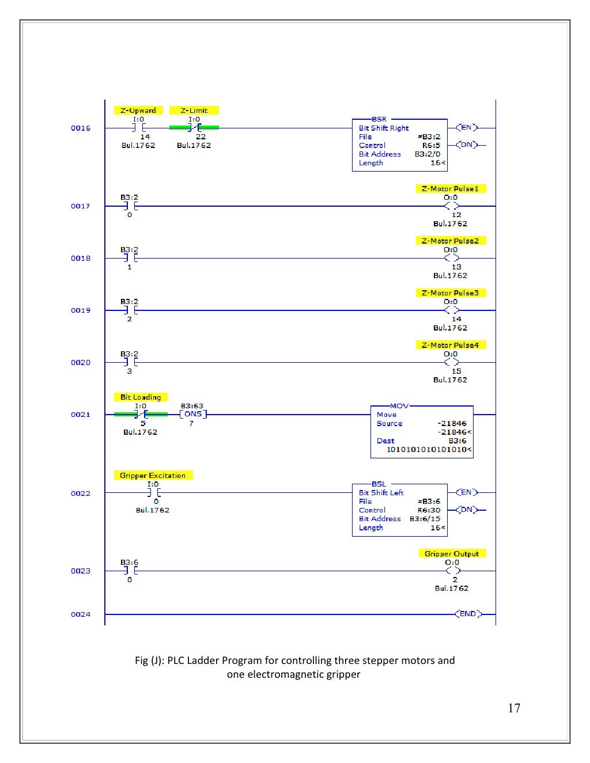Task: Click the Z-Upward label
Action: tap(138, 110)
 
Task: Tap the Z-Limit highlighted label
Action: tap(194, 110)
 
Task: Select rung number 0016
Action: tap(81, 128)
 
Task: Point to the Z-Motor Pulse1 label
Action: tap(450, 188)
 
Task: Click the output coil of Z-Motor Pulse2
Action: tap(452, 258)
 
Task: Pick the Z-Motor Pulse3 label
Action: tap(450, 293)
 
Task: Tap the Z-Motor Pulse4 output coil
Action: tap(452, 362)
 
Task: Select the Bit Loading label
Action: tap(141, 397)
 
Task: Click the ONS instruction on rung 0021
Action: tap(193, 414)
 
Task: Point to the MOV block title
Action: tap(399, 406)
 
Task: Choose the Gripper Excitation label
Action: tap(153, 475)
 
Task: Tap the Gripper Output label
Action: tap(452, 553)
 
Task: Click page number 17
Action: tap(514, 708)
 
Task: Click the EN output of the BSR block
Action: tap(467, 127)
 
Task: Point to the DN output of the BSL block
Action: tap(467, 510)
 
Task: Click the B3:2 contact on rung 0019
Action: tap(130, 310)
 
